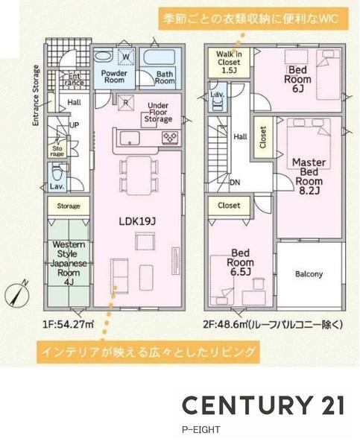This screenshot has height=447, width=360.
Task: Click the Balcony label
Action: (x=309, y=274)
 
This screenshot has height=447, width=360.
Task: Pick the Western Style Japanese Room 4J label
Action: (x=69, y=262)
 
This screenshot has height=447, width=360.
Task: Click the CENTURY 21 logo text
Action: (x=264, y=405)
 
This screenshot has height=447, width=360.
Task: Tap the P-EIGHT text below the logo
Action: (x=200, y=430)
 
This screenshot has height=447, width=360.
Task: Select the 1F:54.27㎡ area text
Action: (x=68, y=324)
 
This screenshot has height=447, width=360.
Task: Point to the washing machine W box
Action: (x=126, y=57)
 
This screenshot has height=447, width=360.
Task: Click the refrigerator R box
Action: (x=126, y=104)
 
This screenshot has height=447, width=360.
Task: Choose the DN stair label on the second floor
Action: (x=234, y=181)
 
